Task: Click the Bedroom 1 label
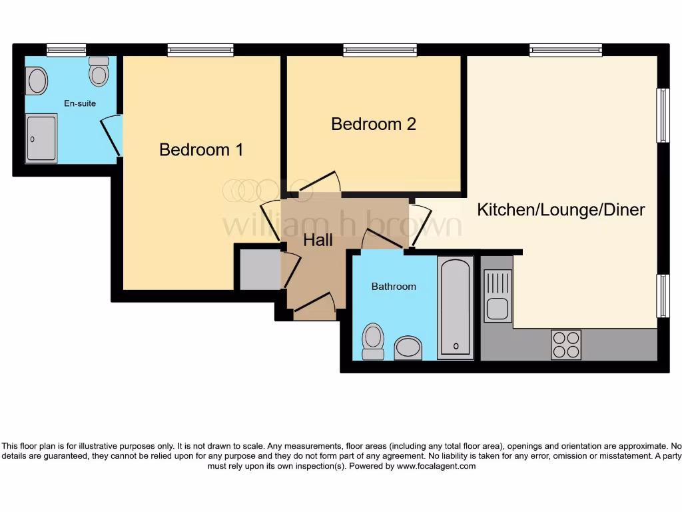click(201, 150)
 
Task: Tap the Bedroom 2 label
click(373, 124)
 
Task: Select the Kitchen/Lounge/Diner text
click(561, 210)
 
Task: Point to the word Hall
click(318, 240)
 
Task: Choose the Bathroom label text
click(393, 287)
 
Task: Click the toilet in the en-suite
click(99, 72)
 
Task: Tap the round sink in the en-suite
click(37, 81)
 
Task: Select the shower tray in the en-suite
click(41, 138)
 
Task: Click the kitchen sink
click(497, 295)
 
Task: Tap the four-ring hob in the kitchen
click(565, 345)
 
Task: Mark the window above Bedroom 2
click(380, 50)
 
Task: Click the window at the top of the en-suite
click(66, 50)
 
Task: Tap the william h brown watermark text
click(341, 225)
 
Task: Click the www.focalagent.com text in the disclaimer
click(436, 467)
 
